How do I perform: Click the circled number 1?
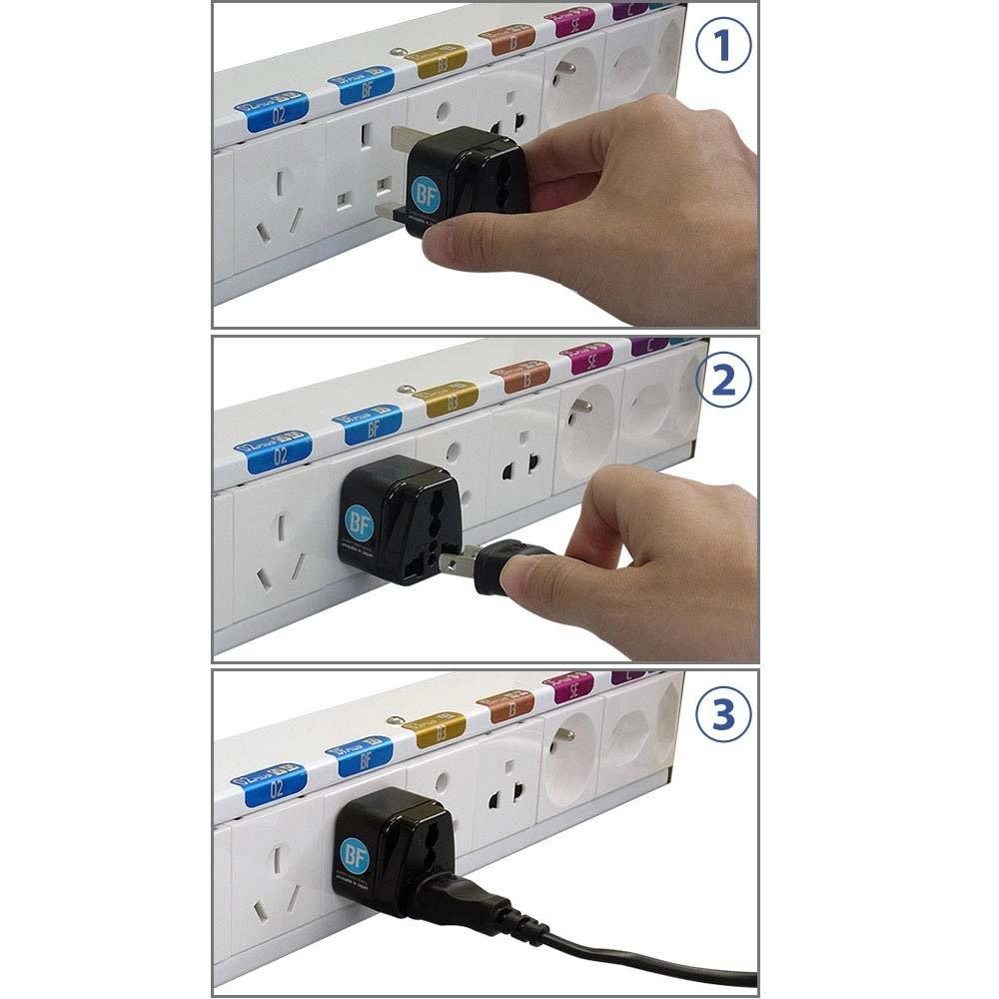click(x=722, y=49)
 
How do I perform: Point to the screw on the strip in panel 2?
click(x=405, y=386)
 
